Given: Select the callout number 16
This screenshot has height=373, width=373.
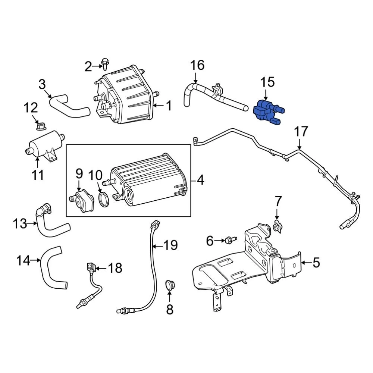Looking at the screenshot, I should click(197, 65).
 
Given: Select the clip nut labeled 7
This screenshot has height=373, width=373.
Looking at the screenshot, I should click(277, 226).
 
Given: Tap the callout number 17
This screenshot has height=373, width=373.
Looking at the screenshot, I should click(301, 132).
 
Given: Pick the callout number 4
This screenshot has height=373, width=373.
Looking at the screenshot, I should click(200, 181).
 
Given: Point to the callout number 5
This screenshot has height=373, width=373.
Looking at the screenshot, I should click(316, 263).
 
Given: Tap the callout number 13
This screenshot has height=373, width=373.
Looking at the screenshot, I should click(20, 224).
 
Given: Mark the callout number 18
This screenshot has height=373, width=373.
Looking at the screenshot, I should click(115, 267).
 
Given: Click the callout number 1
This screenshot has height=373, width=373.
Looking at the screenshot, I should click(169, 106).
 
